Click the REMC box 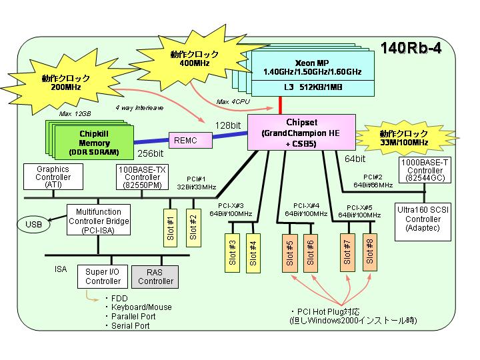(x=191, y=141)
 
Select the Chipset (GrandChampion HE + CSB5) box (x=301, y=133)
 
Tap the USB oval (x=33, y=225)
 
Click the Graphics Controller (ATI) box (x=53, y=177)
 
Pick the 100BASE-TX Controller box (x=143, y=177)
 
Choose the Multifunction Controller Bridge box (x=99, y=220)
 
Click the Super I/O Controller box (x=103, y=277)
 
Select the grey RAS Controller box (x=155, y=277)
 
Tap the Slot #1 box (x=171, y=228)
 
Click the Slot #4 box (x=253, y=253)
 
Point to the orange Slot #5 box (x=289, y=253)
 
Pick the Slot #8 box (x=370, y=253)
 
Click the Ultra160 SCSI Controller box (x=423, y=221)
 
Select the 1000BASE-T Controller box (x=425, y=170)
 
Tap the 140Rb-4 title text (x=411, y=48)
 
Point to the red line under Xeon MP (x=280, y=105)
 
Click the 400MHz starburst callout (x=195, y=59)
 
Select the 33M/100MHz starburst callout (x=404, y=138)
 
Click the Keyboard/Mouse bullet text (x=141, y=307)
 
